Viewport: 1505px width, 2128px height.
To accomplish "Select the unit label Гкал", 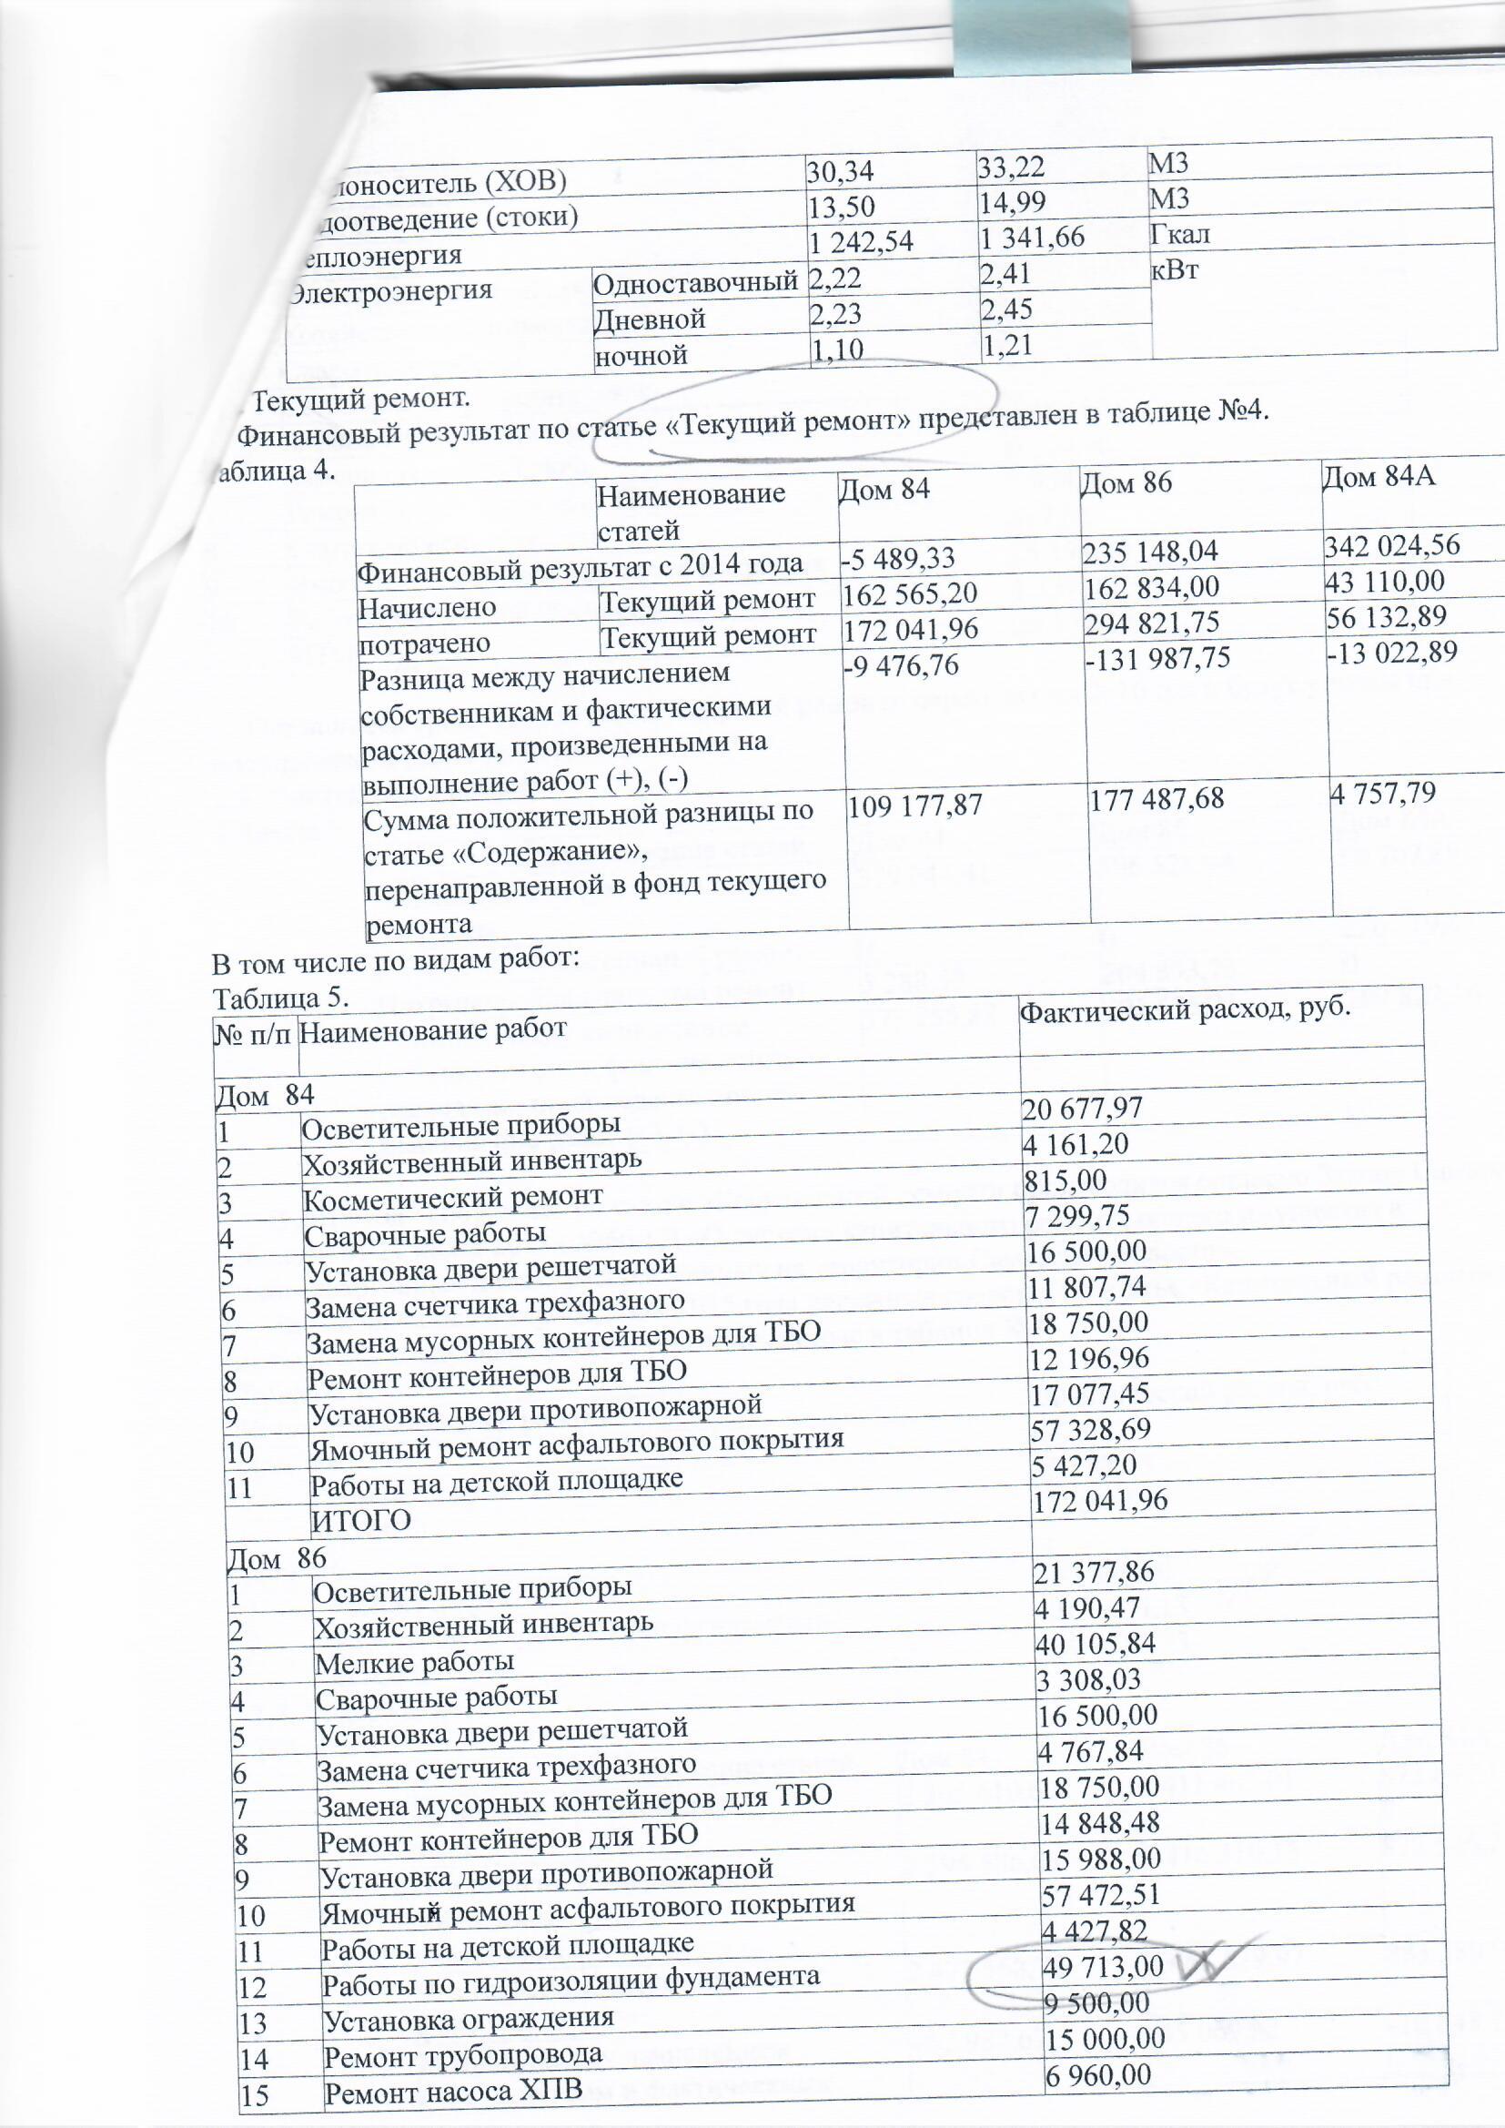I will point(1178,234).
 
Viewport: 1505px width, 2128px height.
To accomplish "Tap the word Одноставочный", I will point(696,279).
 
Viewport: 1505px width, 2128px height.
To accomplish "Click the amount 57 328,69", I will point(1092,1429).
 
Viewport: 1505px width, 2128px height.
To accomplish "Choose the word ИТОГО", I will point(360,1520).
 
